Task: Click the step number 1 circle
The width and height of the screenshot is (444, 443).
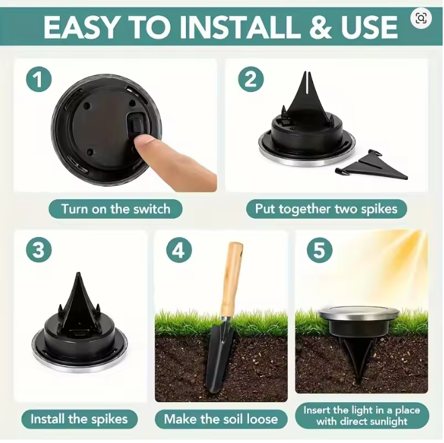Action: pyautogui.click(x=39, y=80)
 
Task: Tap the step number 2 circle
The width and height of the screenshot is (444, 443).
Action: pyautogui.click(x=251, y=80)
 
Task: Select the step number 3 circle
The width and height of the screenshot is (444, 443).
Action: pyautogui.click(x=39, y=250)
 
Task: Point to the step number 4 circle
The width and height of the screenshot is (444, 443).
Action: pyautogui.click(x=178, y=250)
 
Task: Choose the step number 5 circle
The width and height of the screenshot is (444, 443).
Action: pyautogui.click(x=319, y=250)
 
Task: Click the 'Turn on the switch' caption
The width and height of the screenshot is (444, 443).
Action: pyautogui.click(x=116, y=209)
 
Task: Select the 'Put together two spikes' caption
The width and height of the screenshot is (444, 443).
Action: pyautogui.click(x=326, y=209)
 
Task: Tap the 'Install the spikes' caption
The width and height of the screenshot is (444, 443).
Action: pyautogui.click(x=79, y=420)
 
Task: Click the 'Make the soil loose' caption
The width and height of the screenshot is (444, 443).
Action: pyautogui.click(x=221, y=420)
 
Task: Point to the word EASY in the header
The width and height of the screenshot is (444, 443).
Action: pyautogui.click(x=81, y=28)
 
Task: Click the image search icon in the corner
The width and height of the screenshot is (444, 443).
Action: pyautogui.click(x=421, y=19)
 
